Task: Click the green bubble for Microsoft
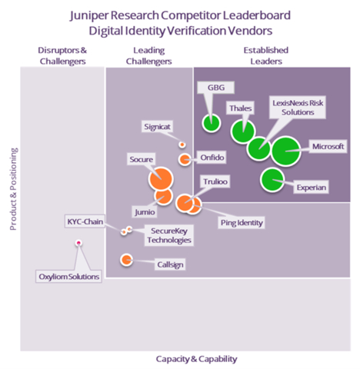[285, 151]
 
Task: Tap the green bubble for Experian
[272, 180]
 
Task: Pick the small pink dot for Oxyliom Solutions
[78, 243]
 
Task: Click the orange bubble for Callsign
[126, 259]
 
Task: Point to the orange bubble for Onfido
[185, 159]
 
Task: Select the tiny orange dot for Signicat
[182, 144]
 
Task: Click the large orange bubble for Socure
[161, 180]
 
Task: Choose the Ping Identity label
[242, 223]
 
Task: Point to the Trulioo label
[214, 181]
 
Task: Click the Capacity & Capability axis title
[196, 358]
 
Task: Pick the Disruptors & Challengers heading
[63, 55]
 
